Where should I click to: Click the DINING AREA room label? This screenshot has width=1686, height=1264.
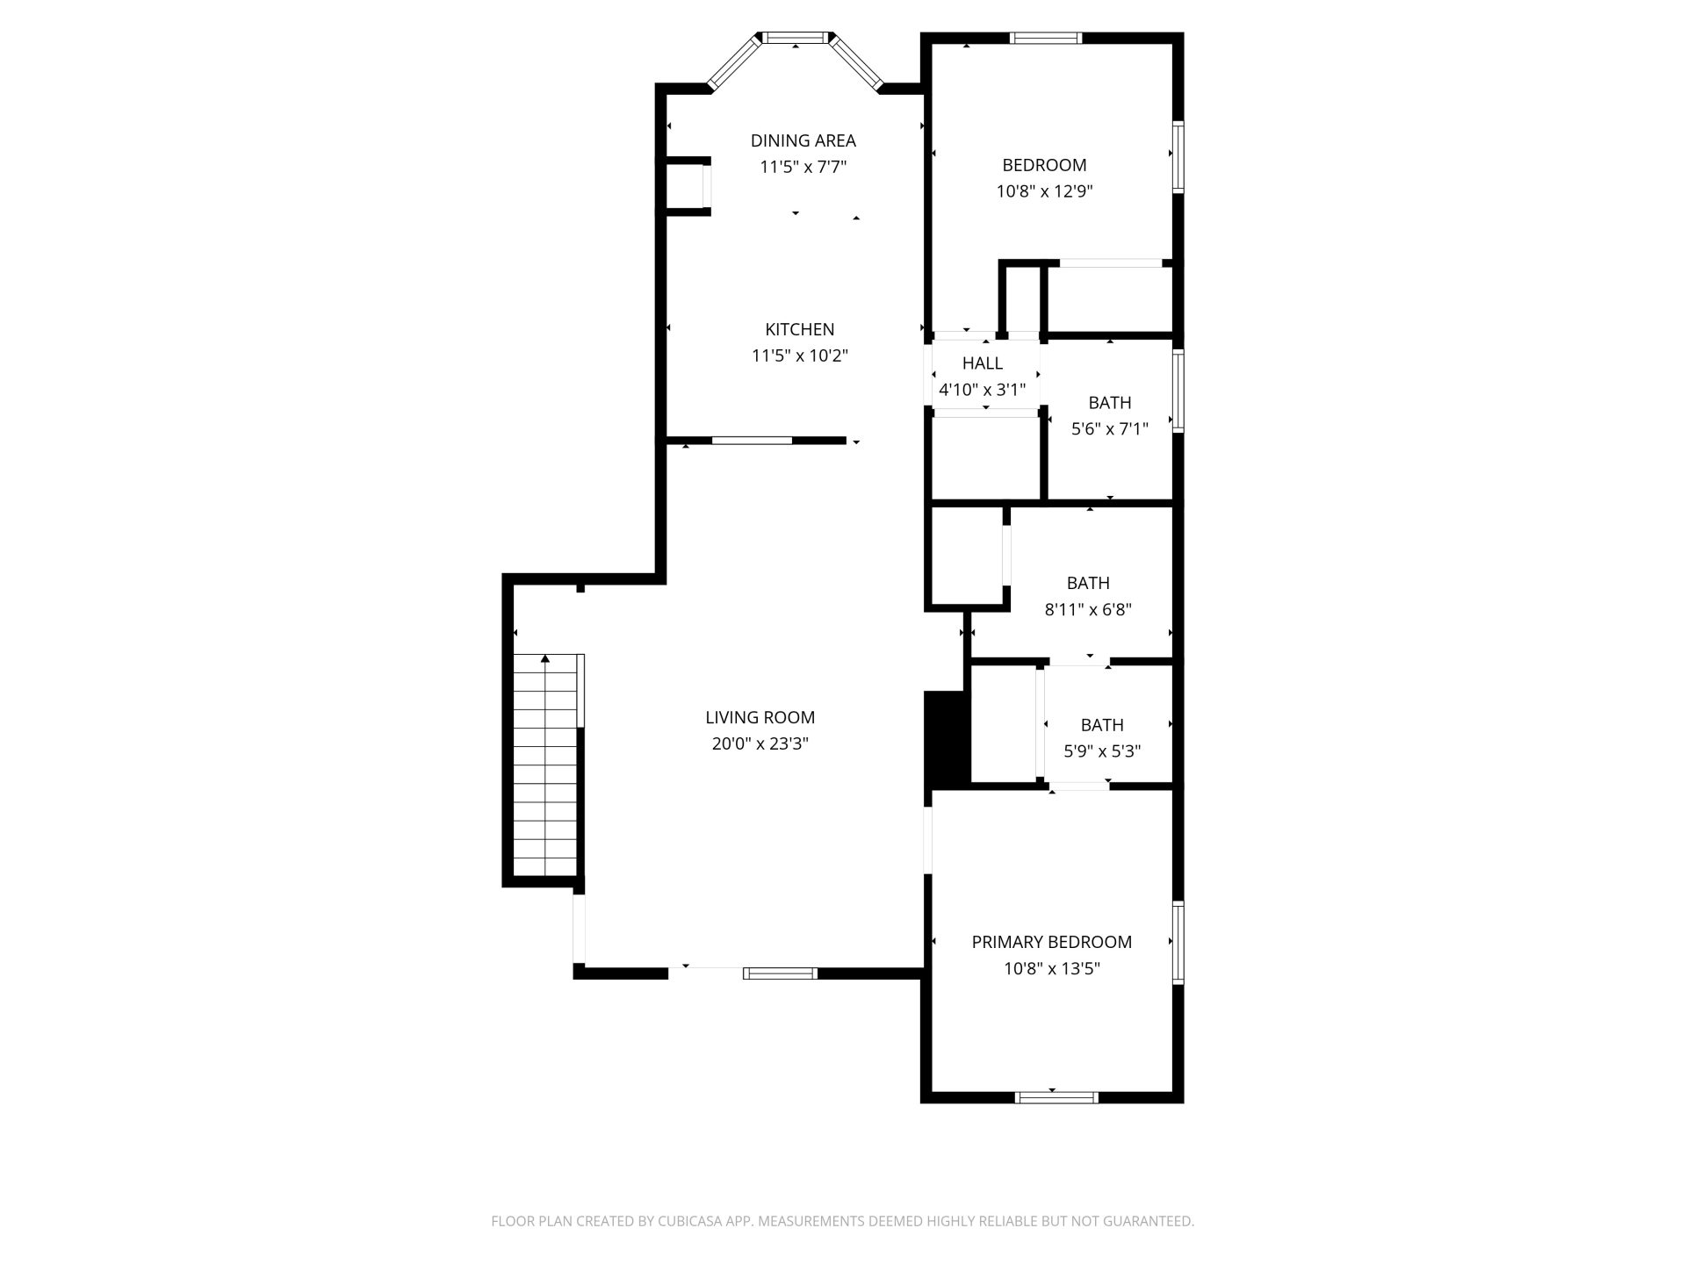(803, 140)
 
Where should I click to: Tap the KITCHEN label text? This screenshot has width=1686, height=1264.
(800, 329)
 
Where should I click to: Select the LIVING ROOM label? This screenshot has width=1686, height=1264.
(760, 717)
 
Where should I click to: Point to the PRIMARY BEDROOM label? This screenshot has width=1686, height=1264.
(1052, 942)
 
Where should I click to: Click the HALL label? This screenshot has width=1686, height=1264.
(983, 363)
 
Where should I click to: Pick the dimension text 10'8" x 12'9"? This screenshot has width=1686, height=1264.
(1044, 191)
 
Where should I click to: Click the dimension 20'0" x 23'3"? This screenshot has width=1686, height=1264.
(760, 744)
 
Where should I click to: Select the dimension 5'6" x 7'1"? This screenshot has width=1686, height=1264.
(1110, 429)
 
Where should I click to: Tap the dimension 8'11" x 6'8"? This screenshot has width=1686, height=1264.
(1088, 609)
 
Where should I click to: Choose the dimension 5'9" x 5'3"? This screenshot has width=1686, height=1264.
(1102, 751)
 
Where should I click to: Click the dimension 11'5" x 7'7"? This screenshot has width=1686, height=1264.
(803, 167)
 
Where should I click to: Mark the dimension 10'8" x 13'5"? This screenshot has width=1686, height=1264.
(1052, 969)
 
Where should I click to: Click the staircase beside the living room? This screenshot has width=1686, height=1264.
(545, 765)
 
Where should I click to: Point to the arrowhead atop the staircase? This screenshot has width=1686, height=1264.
(545, 657)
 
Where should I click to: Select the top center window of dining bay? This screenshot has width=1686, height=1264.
(796, 38)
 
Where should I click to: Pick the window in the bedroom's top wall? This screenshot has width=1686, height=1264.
(1045, 38)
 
